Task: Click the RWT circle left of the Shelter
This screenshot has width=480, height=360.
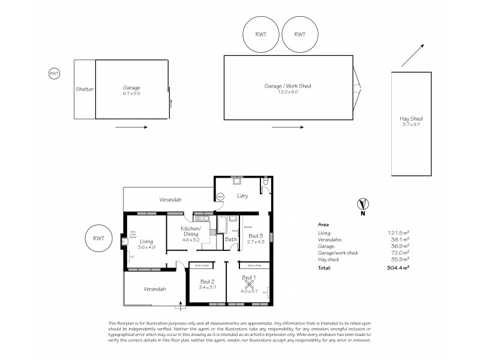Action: tap(54, 73)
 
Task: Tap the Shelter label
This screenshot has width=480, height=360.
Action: tap(85, 89)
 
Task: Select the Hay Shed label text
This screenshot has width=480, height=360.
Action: tap(412, 119)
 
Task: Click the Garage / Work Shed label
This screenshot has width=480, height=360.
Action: tap(287, 86)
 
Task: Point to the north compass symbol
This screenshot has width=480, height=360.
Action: tap(362, 204)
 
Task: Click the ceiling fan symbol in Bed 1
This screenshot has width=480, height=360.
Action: tap(248, 285)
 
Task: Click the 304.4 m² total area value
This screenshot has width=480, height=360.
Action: tap(399, 268)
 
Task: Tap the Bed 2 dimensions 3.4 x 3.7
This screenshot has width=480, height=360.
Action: tap(207, 287)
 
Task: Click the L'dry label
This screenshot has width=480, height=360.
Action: tap(243, 196)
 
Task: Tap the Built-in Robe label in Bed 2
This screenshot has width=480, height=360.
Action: tap(199, 265)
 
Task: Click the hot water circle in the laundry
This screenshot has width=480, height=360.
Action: tap(220, 196)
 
